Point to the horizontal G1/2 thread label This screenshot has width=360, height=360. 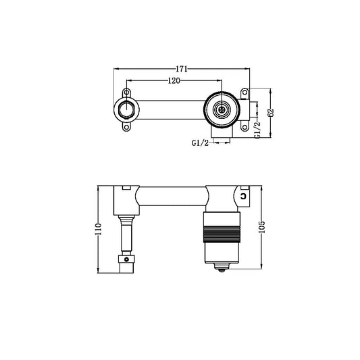pos(200,143)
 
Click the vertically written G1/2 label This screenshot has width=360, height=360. pos(257,127)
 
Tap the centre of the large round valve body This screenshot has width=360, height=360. pos(221,109)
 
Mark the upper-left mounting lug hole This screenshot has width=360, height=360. pos(126,92)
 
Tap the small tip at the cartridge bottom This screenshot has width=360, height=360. pos(221,269)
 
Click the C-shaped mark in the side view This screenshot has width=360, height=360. pos(242,195)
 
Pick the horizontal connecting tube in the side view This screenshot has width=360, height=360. pos(172,197)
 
